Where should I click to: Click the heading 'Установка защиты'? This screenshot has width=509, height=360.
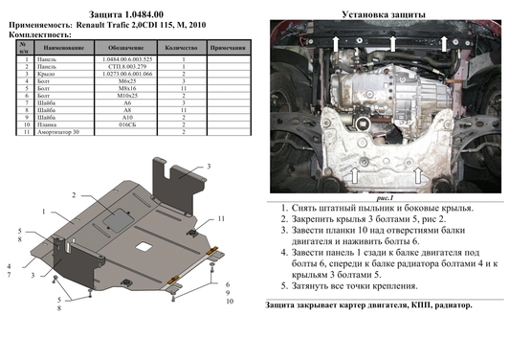pos(381,14)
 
